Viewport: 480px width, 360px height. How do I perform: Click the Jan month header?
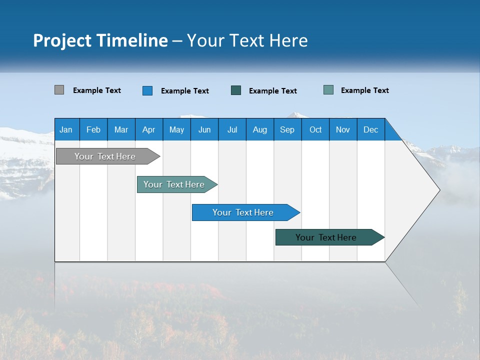pos(66,129)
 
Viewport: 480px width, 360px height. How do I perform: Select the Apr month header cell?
pos(149,129)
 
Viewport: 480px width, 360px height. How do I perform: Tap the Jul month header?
pos(232,129)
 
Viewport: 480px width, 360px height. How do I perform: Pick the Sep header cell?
pos(287,129)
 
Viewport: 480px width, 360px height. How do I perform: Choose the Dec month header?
pos(370,129)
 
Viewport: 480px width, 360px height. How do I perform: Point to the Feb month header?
pos(93,129)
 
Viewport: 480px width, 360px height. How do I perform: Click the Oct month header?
pos(315,129)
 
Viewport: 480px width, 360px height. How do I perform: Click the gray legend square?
pos(59,90)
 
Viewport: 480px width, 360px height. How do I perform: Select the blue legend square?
pos(147,90)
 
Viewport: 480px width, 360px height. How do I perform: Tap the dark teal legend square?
pos(236,90)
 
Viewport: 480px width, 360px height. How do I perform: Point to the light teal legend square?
pos(328,90)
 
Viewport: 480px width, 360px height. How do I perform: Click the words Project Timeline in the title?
pos(100,40)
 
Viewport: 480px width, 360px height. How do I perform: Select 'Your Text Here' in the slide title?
pos(247,40)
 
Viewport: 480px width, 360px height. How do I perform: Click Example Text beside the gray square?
pos(97,90)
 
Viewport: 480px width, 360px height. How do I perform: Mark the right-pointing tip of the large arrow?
pos(438,190)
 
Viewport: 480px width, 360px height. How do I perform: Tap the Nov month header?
pos(343,129)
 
